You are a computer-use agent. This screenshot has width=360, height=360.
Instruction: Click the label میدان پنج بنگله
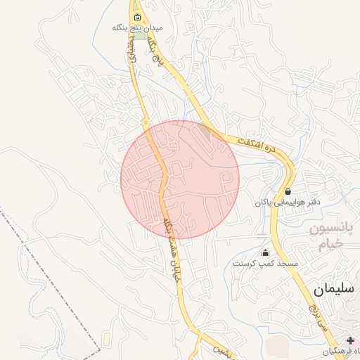coord(138,28)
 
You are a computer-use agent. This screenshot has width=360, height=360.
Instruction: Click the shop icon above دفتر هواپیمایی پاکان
coord(288,191)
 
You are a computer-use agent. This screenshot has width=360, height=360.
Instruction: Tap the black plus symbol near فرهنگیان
coord(351,340)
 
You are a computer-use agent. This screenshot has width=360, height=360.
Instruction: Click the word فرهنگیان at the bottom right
coord(343,350)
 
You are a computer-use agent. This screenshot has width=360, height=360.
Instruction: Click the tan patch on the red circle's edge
coord(204,129)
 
